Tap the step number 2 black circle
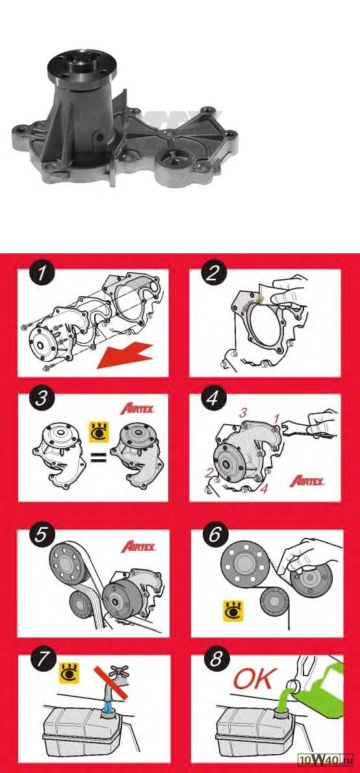[213, 274]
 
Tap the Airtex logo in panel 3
[138, 409]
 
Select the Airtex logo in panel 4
[307, 481]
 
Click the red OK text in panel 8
[253, 679]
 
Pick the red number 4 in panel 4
[264, 490]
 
